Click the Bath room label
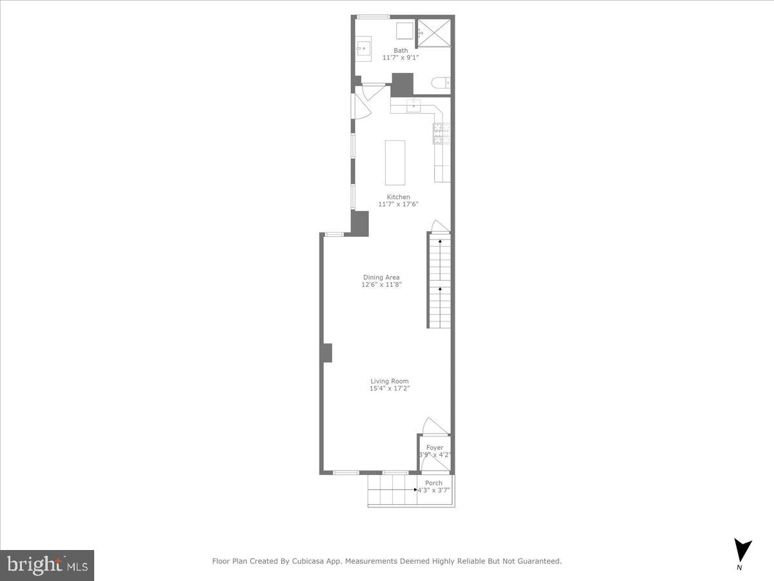[401, 50]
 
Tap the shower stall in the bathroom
[434, 32]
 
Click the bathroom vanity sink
[364, 48]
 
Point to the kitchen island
[395, 163]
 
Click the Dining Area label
[381, 278]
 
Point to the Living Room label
[390, 381]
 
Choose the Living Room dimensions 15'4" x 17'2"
[390, 388]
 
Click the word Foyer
[434, 447]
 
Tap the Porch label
[434, 483]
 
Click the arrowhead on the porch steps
[416, 490]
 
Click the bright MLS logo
[47, 565]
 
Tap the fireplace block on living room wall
[327, 353]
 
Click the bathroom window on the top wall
[370, 17]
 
